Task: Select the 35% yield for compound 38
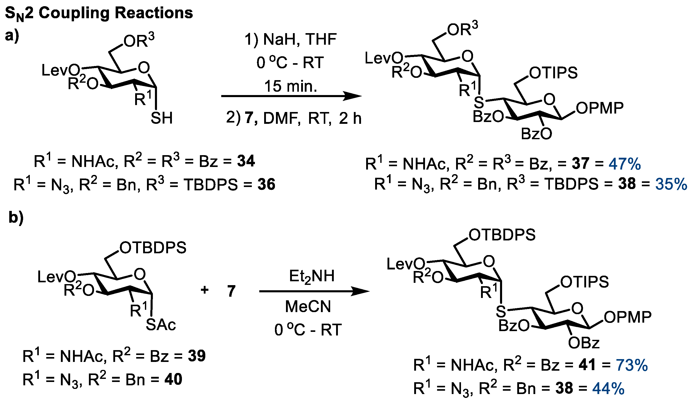click(671, 184)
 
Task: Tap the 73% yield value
click(632, 365)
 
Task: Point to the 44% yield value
click(608, 389)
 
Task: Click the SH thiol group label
click(161, 118)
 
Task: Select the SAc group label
click(161, 325)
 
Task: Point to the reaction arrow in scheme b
click(314, 291)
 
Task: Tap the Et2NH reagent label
click(312, 276)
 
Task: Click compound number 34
click(246, 161)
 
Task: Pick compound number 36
click(266, 184)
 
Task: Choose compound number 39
click(197, 356)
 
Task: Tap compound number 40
click(173, 379)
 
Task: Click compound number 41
click(587, 365)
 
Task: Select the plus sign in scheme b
click(205, 290)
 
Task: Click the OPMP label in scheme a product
click(600, 108)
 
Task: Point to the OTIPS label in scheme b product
click(584, 282)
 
